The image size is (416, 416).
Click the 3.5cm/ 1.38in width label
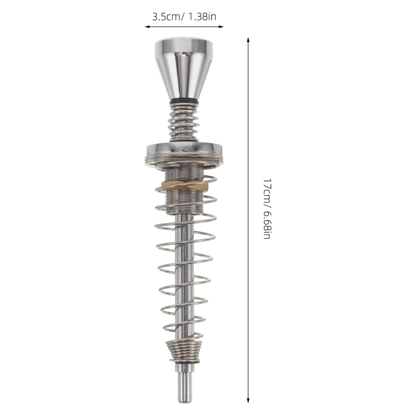(x=184, y=17)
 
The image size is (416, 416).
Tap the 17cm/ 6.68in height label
(x=266, y=208)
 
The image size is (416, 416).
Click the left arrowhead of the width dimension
(x=147, y=26)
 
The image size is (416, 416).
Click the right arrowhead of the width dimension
(x=221, y=26)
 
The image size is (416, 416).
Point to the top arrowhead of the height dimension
(x=248, y=40)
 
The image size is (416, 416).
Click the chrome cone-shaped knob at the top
(x=184, y=69)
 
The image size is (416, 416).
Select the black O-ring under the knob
(x=184, y=103)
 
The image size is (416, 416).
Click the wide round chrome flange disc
(x=184, y=153)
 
